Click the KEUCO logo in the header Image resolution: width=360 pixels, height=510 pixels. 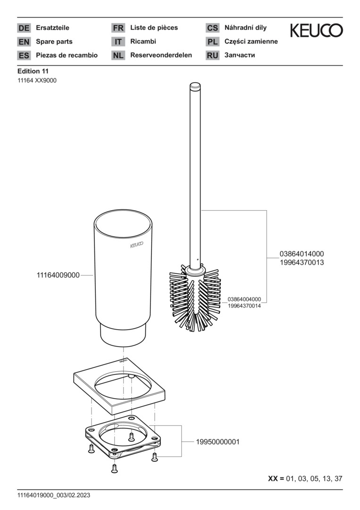(x=316, y=31)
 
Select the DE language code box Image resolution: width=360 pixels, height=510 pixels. (x=24, y=28)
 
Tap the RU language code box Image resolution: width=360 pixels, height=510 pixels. (x=212, y=55)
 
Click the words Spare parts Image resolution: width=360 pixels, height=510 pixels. (x=54, y=42)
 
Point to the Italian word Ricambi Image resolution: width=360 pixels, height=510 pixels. (x=143, y=42)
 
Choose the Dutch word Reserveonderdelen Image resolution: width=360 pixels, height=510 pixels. (x=161, y=55)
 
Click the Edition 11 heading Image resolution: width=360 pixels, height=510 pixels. (x=33, y=71)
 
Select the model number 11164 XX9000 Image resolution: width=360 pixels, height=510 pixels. (x=37, y=80)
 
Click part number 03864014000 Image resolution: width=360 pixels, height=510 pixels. (x=301, y=254)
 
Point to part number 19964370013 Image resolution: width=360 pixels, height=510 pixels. (x=301, y=262)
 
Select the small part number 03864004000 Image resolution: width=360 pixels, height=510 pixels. (x=244, y=299)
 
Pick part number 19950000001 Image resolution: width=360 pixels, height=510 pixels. (x=218, y=442)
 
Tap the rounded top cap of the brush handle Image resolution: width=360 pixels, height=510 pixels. (x=194, y=87)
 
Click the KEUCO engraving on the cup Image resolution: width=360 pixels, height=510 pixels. (x=137, y=246)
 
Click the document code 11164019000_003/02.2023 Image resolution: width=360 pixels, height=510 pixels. (x=53, y=495)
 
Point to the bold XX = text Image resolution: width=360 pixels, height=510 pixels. (x=276, y=478)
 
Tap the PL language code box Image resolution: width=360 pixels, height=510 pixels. (x=212, y=42)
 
